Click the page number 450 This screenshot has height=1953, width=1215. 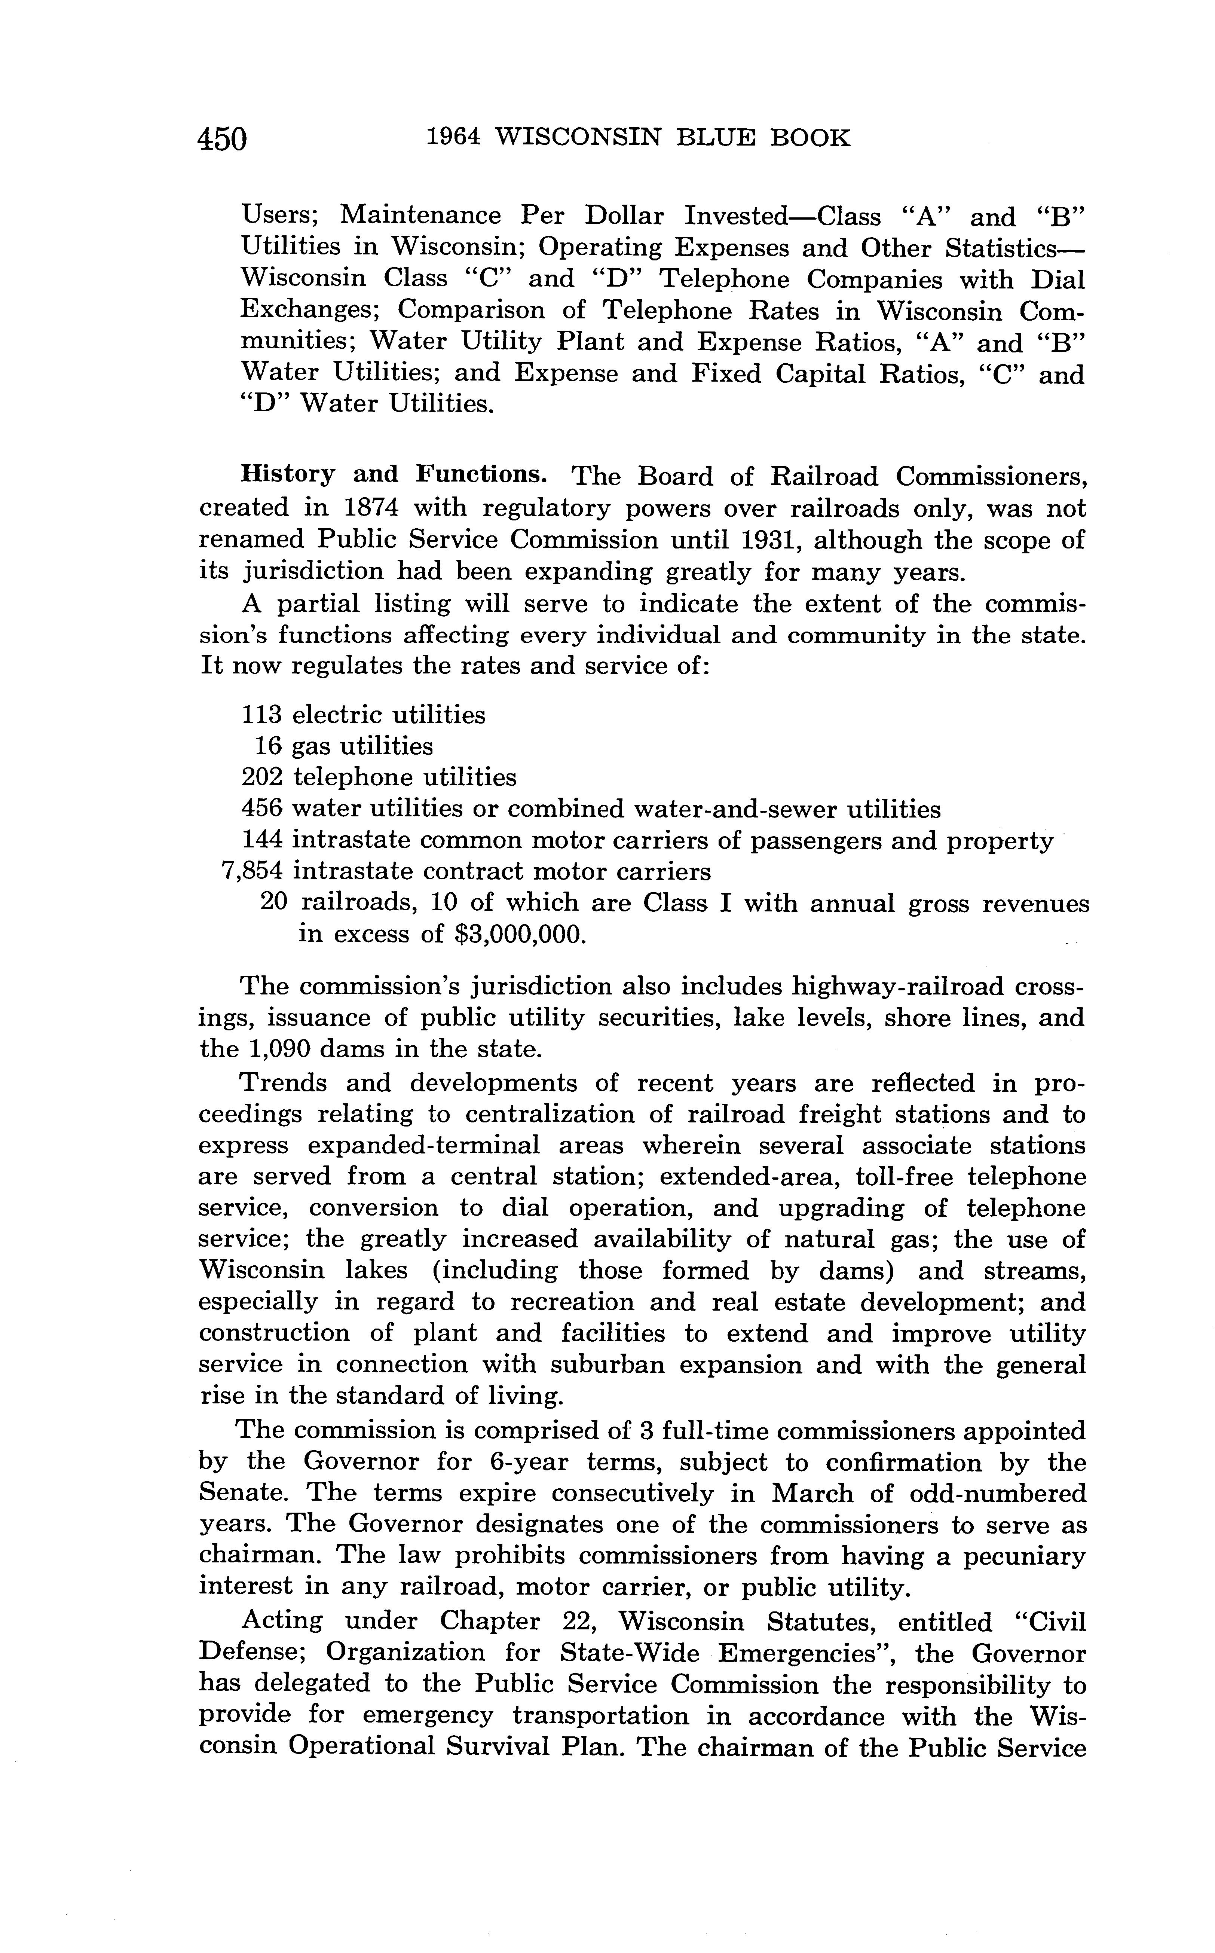click(223, 139)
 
